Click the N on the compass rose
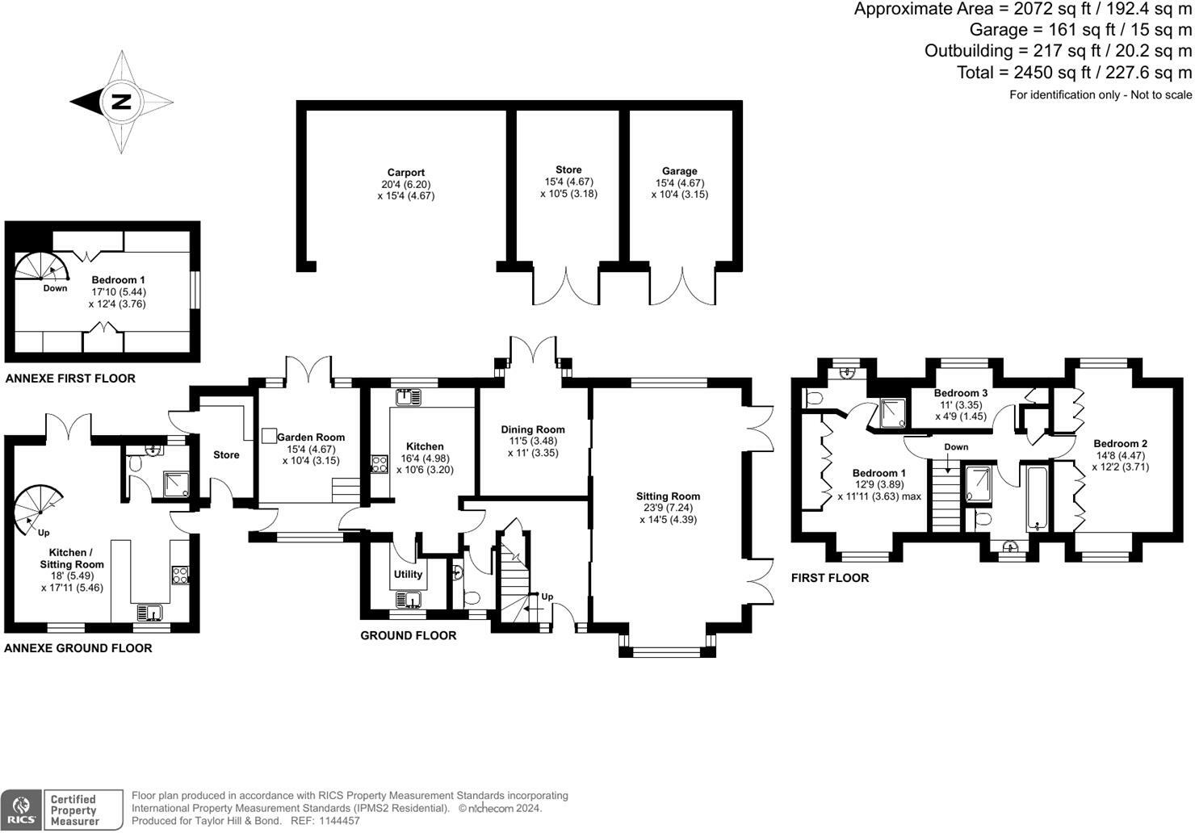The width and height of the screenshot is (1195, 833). [x=120, y=103]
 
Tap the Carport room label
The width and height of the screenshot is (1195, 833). [x=405, y=173]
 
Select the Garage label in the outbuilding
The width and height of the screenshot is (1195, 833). [x=679, y=171]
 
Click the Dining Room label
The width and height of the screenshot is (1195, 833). [x=533, y=429]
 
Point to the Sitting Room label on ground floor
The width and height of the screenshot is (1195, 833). [x=668, y=496]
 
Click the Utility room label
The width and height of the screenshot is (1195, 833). [x=408, y=575]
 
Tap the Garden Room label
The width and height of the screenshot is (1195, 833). [x=311, y=437]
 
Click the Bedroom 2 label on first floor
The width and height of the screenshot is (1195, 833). [x=1120, y=443]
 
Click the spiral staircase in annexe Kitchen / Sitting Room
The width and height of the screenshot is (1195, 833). [x=39, y=506]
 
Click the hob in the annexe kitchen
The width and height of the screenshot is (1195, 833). [x=180, y=575]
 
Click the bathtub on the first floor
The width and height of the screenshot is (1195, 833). [x=1035, y=496]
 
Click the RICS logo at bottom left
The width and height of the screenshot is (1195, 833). [x=22, y=810]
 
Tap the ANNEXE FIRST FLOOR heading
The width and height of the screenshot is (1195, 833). [x=70, y=379]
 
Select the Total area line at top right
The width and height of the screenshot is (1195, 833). [x=1074, y=73]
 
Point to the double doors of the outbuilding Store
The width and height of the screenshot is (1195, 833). [x=568, y=287]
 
